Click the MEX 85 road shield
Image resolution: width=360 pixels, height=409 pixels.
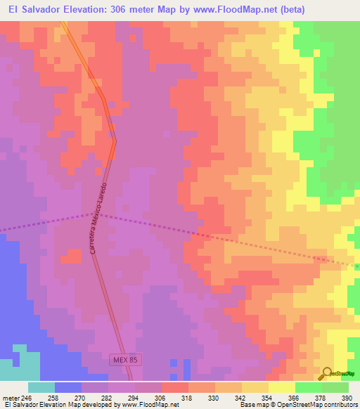tap(125, 360)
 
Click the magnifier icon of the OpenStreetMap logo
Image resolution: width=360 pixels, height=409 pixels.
tap(328, 373)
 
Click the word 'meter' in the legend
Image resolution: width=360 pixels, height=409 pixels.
tap(10, 398)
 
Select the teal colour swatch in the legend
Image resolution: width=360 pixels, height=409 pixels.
tap(41, 387)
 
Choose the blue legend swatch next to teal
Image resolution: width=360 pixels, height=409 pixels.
tap(68, 387)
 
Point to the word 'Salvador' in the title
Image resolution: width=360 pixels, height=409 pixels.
tap(50, 10)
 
